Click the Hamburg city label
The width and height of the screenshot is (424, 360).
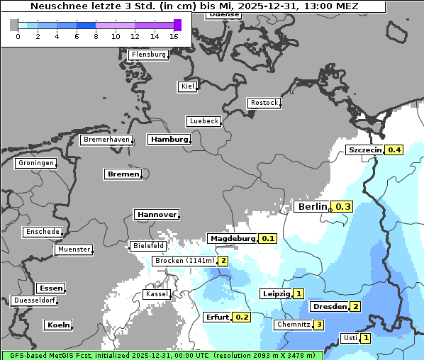169,140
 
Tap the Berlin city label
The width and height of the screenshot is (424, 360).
312,207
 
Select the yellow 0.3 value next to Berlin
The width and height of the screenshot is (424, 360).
342,207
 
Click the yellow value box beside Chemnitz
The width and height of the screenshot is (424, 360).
319,325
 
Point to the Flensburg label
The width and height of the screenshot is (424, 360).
149,55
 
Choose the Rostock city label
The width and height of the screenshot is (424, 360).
264,103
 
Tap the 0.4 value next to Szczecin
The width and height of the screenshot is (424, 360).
394,150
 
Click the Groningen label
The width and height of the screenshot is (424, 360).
35,163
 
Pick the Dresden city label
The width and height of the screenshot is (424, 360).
329,307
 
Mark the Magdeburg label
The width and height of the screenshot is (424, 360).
232,239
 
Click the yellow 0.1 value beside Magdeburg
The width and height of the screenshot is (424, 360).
268,239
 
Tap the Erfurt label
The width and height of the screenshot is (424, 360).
217,317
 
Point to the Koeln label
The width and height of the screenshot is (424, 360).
58,325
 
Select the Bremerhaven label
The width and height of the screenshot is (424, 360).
106,140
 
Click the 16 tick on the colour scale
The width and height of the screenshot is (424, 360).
174,35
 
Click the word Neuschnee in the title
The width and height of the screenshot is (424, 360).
55,6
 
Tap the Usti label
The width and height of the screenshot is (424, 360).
350,338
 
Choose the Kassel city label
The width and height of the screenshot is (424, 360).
156,293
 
